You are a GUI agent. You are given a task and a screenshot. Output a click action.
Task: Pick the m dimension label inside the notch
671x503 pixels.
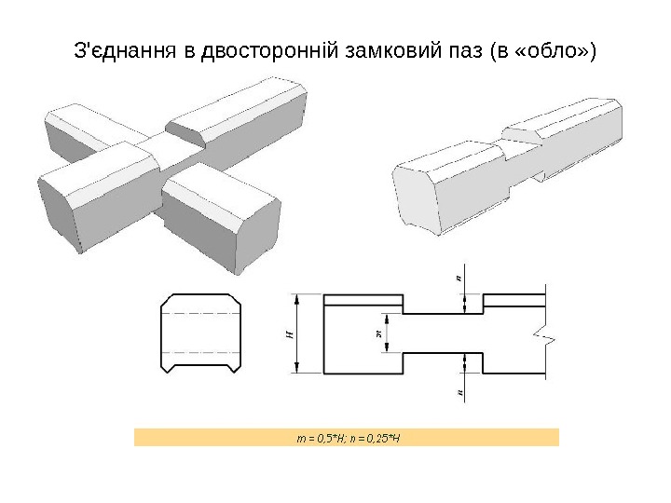[377, 333]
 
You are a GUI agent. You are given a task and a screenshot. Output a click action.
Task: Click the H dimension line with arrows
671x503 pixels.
[298, 333]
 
